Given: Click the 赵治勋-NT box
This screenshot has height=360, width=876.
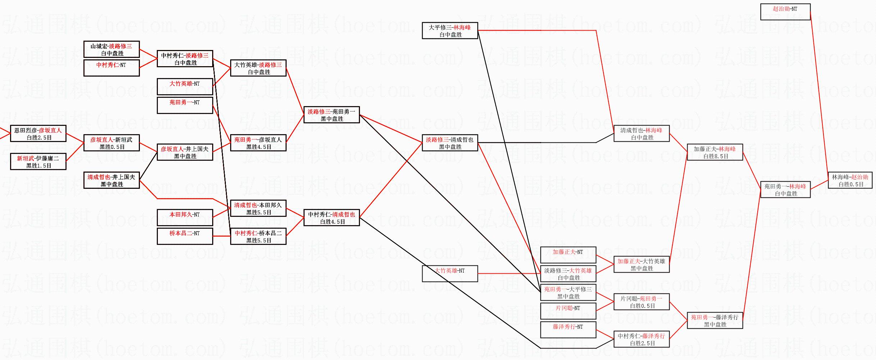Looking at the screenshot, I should pos(785,12).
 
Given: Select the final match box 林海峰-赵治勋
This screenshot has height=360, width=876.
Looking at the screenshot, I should pos(850,181).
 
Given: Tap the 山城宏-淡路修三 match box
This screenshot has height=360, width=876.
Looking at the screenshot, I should pos(111,49).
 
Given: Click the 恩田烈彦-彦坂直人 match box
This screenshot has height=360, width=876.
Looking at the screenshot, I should pos(38,134).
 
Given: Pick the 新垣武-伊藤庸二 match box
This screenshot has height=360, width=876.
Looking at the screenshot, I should pos(38,162).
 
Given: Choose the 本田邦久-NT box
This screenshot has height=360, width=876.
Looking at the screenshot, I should pos(185,218).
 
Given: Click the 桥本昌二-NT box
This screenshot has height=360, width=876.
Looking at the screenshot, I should pos(185,237).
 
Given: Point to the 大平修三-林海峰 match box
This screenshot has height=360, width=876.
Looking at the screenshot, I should pos(450,31).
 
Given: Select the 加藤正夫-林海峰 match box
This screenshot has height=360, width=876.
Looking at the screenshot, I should pos(715,152).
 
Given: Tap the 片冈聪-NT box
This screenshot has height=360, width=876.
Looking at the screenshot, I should pos(568,311).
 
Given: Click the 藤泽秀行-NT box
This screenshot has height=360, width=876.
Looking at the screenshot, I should pos(568,330).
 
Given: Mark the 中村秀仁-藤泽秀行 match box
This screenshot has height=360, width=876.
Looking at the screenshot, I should pos(642,340).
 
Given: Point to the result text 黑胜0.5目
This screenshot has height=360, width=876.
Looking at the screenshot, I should pos(112,147).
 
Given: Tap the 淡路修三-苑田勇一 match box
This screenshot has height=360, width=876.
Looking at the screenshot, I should pos(332,115).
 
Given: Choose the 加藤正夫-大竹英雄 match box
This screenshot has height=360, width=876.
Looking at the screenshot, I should pos(642,265).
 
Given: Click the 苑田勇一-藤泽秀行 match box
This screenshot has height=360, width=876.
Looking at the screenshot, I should pos(715,321).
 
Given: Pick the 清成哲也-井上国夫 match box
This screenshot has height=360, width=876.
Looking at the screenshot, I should pos(111,181).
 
